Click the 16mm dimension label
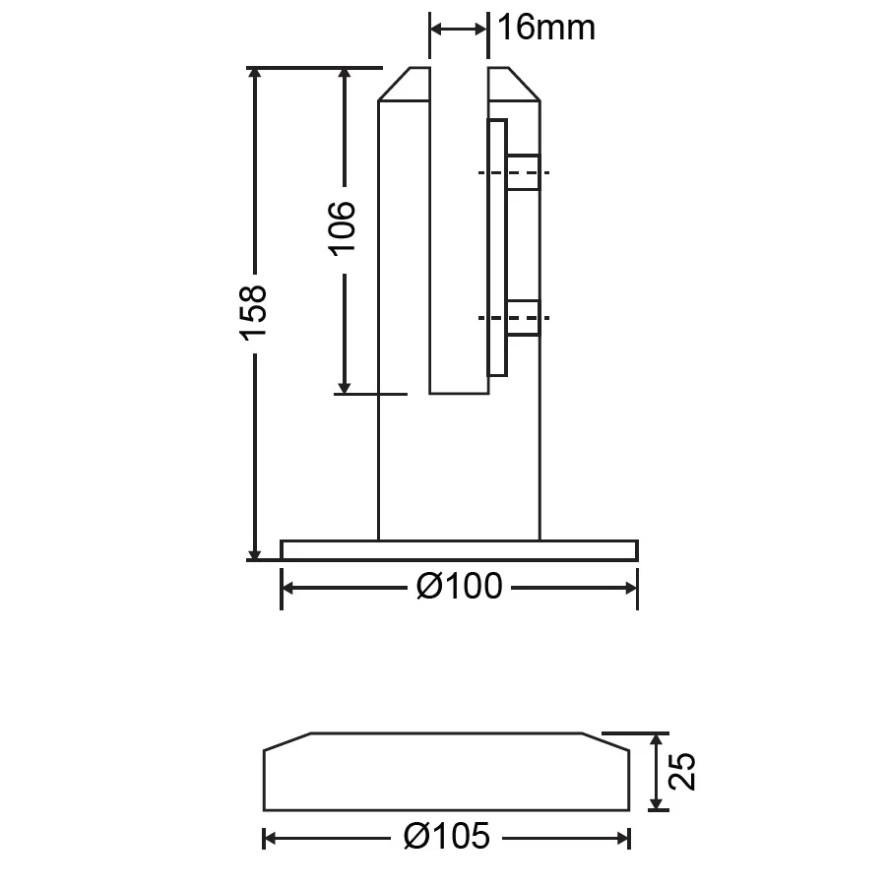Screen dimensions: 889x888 [x=546, y=28]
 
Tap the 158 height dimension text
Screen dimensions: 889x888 [x=253, y=313]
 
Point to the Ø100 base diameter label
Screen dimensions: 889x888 [x=459, y=587]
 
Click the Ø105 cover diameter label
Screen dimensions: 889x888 [x=447, y=837]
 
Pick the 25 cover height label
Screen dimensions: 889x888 [x=682, y=771]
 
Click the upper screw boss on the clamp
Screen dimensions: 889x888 [x=524, y=172]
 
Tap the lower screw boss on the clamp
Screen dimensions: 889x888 [x=524, y=318]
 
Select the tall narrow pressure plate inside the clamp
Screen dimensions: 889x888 [x=497, y=248]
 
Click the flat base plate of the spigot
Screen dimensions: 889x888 [x=459, y=550]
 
